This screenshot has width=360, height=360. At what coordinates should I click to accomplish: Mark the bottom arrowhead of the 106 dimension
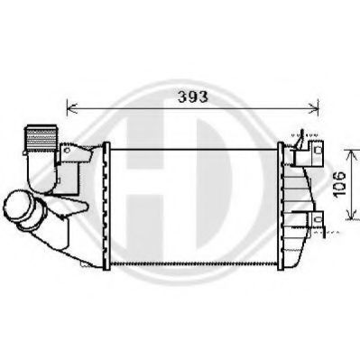(348, 219)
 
